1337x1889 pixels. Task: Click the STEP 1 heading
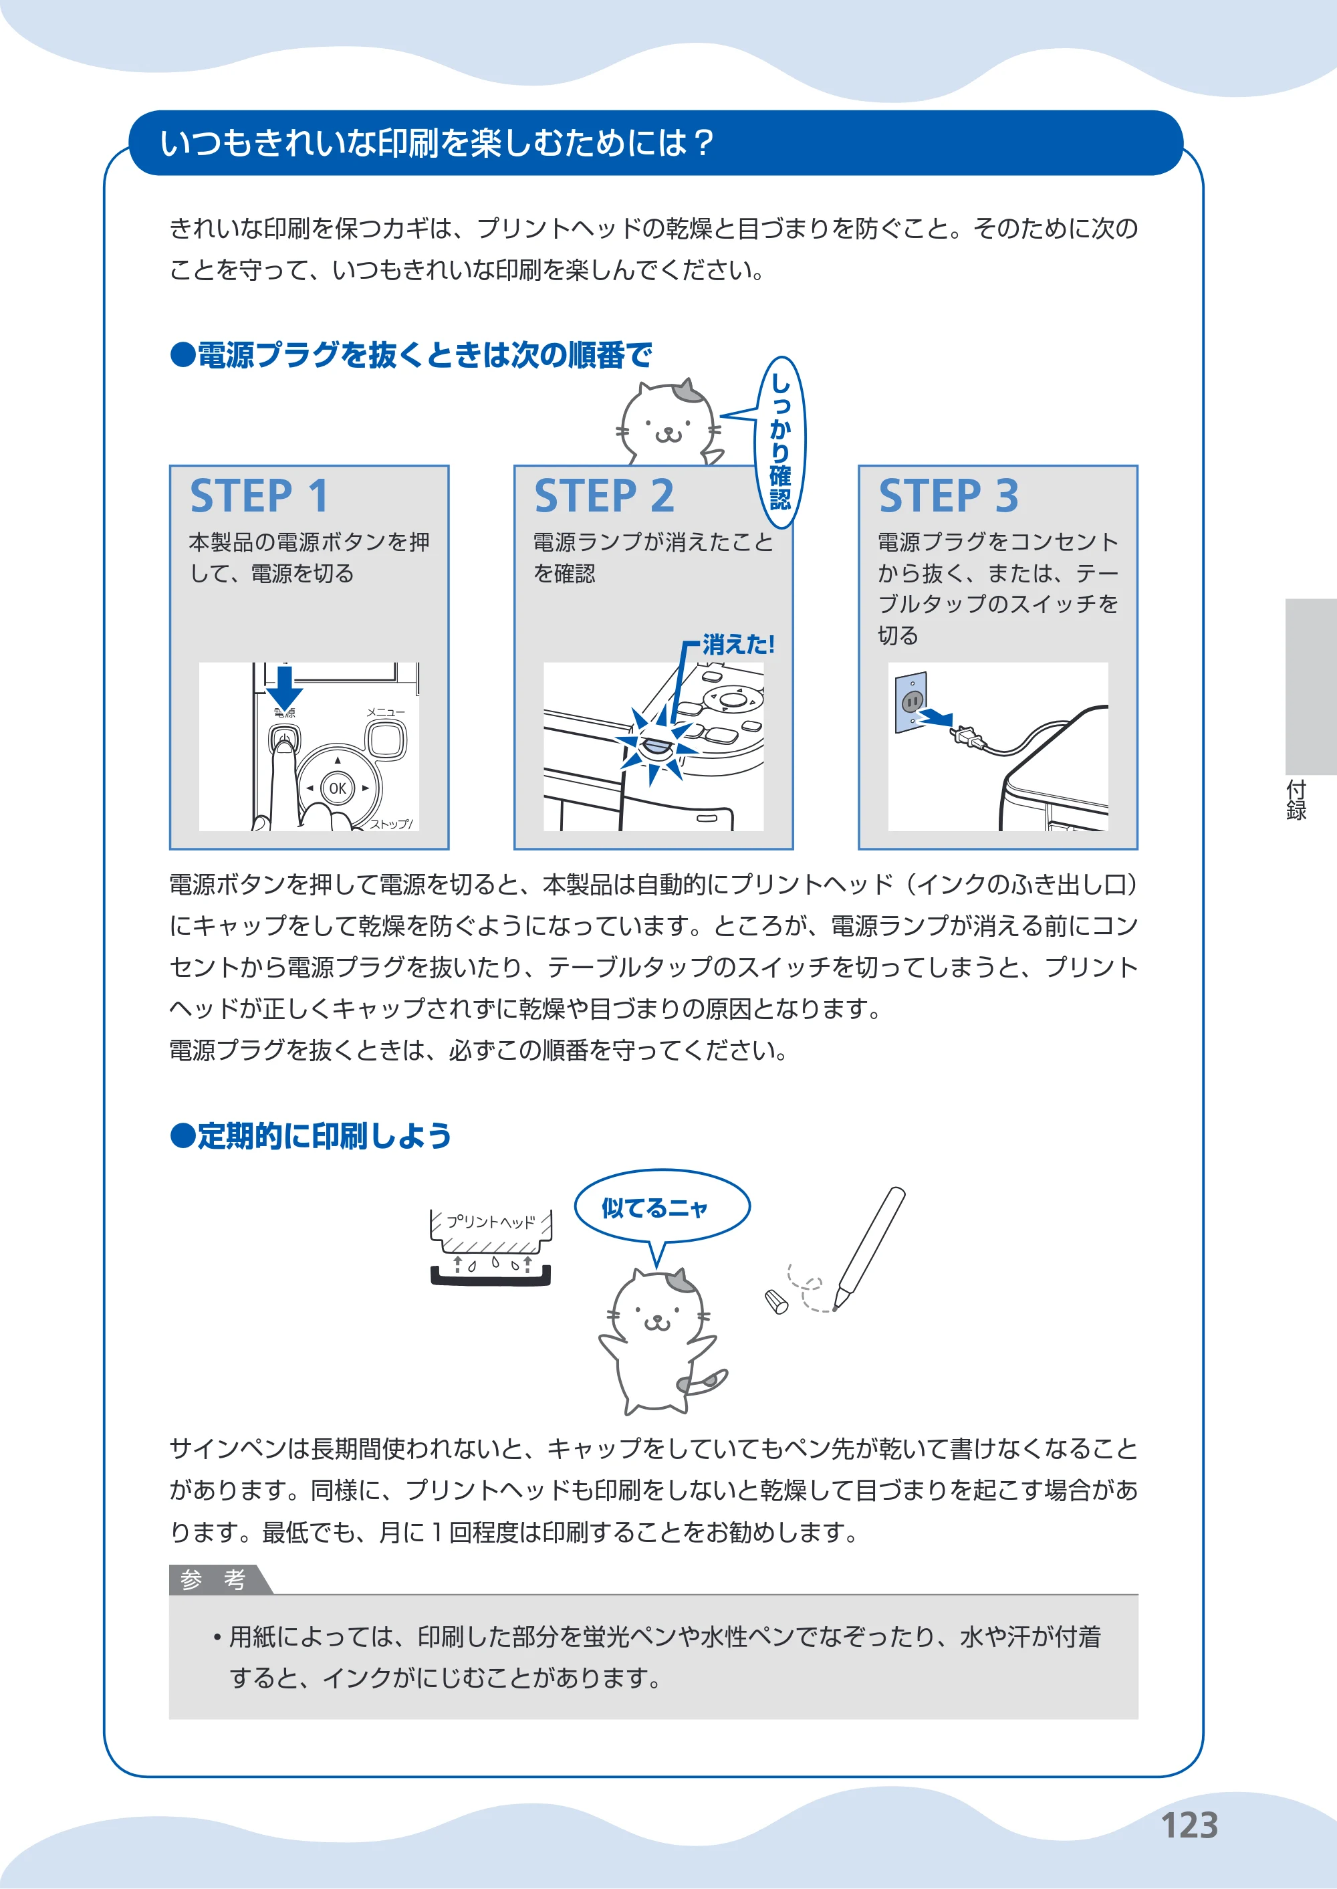[x=259, y=495]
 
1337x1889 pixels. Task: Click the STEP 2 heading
[x=604, y=495]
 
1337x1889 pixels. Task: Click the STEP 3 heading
[x=949, y=495]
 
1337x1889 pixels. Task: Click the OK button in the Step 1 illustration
[x=338, y=788]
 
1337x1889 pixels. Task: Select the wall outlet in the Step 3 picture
[x=911, y=702]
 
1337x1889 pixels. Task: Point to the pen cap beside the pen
[x=776, y=1301]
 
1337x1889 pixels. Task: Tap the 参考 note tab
[x=213, y=1579]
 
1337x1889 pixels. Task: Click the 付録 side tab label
[x=1297, y=800]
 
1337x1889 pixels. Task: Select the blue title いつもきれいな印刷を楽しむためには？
[x=437, y=142]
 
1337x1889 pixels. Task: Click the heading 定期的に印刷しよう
[x=312, y=1135]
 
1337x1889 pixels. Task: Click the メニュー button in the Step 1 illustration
[x=386, y=739]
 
